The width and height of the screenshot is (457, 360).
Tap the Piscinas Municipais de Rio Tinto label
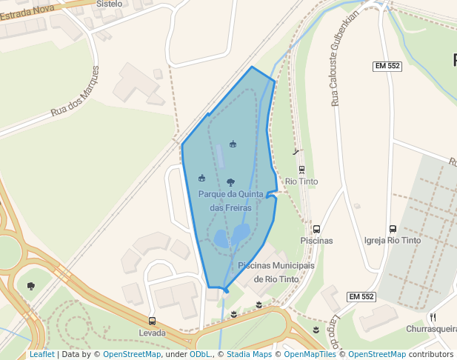tap(276, 272)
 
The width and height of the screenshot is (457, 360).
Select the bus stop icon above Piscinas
tap(316, 230)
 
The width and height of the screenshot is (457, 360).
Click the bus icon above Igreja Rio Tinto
tap(393, 230)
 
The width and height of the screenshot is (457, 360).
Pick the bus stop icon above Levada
tap(152, 321)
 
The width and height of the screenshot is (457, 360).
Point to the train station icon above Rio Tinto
tap(301, 170)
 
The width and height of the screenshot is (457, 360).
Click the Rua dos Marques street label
tap(74, 92)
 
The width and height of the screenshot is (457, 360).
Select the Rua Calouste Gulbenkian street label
tap(345, 59)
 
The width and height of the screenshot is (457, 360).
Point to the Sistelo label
tap(109, 4)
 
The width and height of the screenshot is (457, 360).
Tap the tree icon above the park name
tap(230, 182)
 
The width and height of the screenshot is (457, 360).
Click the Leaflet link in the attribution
tap(41, 354)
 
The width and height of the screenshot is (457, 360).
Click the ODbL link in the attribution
tap(200, 354)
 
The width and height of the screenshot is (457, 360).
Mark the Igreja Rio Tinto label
tap(393, 241)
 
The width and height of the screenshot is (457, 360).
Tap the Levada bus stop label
tap(152, 333)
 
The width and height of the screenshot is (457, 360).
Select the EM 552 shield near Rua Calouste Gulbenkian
tap(387, 66)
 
